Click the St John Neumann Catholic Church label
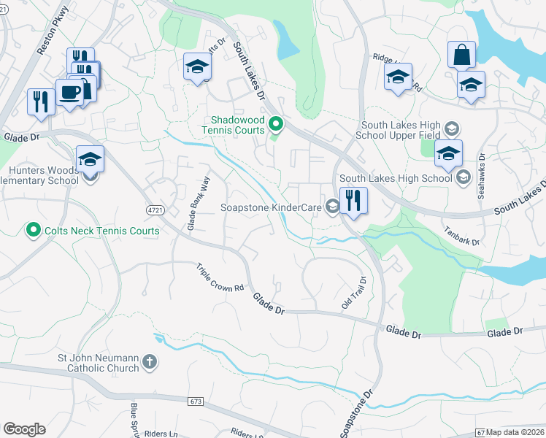coord(99,363)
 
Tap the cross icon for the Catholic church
coord(149,362)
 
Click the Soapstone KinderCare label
coord(272,208)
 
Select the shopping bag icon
coord(461,55)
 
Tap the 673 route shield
coord(195,401)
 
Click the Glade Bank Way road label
coord(194,204)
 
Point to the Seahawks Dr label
coord(482,172)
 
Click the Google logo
coord(23,429)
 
